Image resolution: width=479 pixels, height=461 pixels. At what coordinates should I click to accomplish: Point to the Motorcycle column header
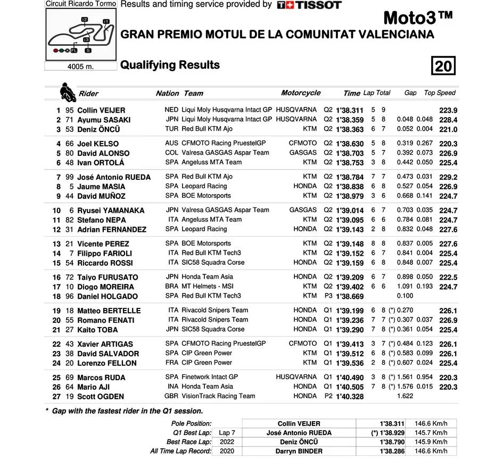tap(301, 93)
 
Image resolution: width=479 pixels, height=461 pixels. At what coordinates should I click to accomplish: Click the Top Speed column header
tap(440, 93)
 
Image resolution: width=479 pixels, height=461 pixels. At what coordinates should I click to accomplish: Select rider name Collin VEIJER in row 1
tap(101, 111)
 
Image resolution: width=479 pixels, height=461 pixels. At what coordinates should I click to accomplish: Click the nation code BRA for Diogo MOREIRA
tap(172, 287)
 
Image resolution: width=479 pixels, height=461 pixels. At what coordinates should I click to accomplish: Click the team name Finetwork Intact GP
tap(210, 377)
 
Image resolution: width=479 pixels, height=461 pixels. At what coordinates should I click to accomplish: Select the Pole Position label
tap(192, 424)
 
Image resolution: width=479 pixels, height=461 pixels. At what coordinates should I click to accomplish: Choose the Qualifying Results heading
tap(170, 65)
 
